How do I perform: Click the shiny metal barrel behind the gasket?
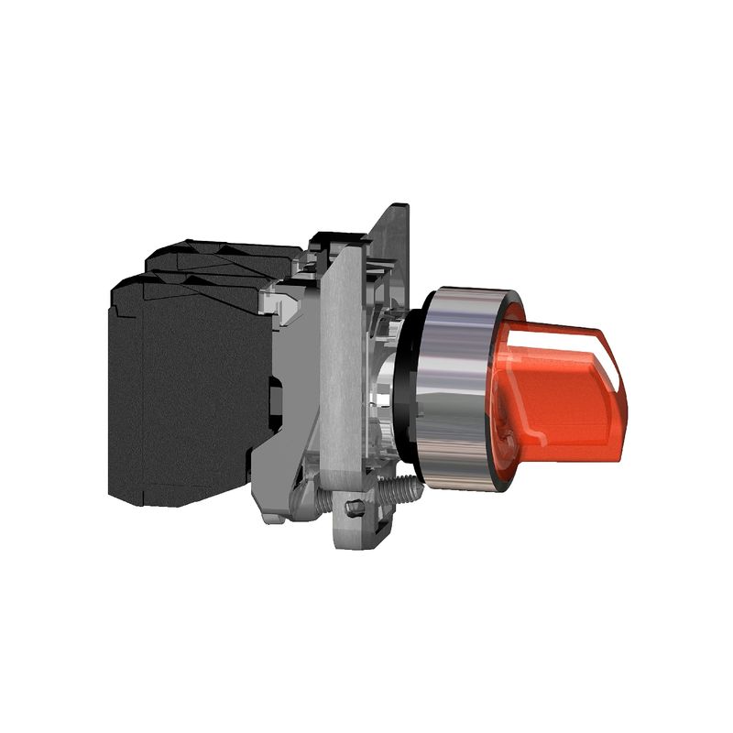(385, 385)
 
